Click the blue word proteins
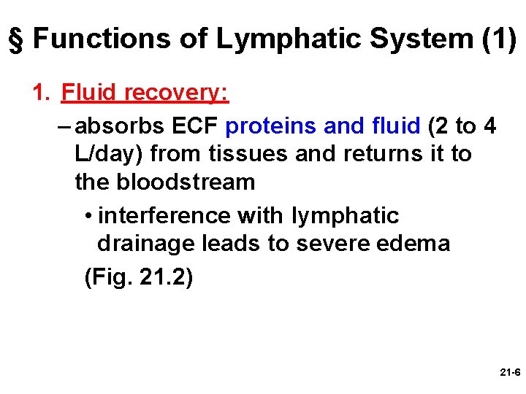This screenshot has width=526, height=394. click(x=270, y=127)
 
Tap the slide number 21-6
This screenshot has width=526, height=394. click(x=509, y=372)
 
